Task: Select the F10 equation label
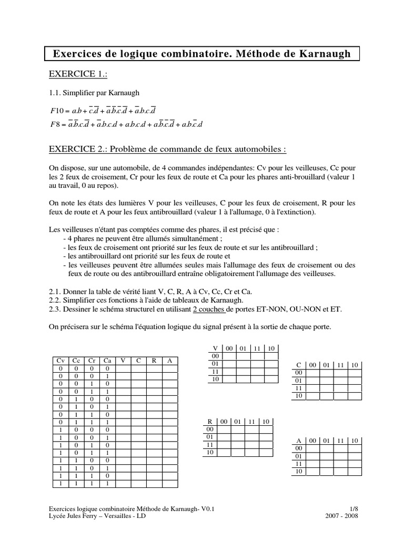56,109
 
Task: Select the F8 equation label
54,125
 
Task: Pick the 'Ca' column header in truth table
107,361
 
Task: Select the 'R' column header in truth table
154,361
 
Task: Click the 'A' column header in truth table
169,361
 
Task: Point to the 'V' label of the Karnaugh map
215,348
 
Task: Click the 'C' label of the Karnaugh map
299,365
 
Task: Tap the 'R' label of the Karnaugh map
209,422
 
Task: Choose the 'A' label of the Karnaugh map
299,440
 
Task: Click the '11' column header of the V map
257,348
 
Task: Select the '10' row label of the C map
298,395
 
